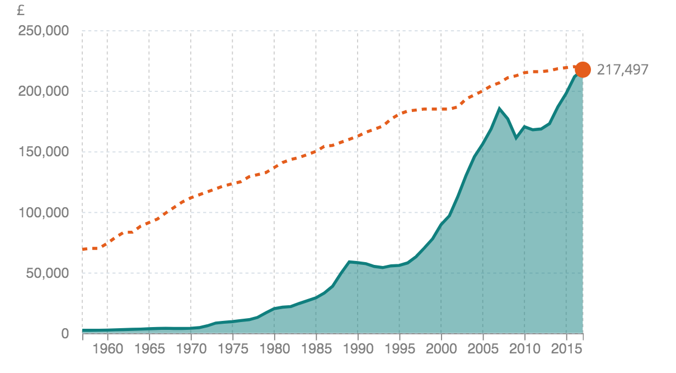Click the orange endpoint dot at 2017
click(x=583, y=69)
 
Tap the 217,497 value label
click(x=622, y=70)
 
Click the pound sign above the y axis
click(x=21, y=10)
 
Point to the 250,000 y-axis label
click(x=44, y=31)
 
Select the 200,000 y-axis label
click(x=44, y=91)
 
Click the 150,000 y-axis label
click(x=44, y=152)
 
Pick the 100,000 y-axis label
click(x=44, y=213)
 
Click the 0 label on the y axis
click(x=65, y=334)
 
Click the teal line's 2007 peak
click(x=500, y=109)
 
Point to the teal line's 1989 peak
click(x=349, y=262)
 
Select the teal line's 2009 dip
click(x=517, y=138)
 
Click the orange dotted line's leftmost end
click(x=83, y=249)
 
